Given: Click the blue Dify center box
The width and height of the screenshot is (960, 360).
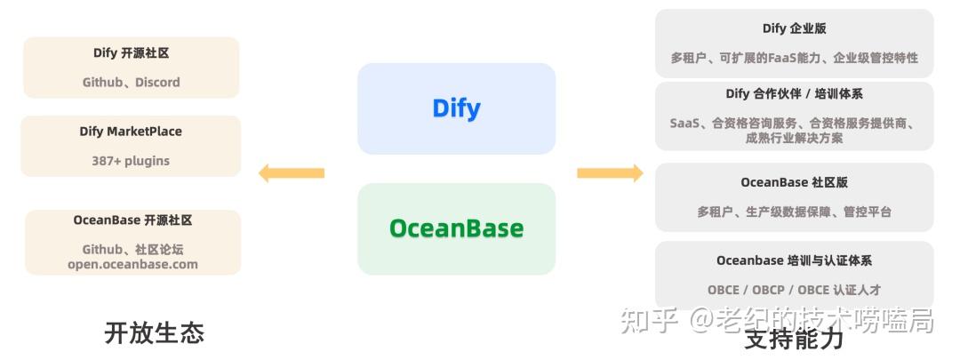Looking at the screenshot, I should coord(456,108).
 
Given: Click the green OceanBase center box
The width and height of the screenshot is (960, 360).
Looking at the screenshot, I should coord(456,228).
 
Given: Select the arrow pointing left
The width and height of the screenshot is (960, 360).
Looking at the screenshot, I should coord(291,172).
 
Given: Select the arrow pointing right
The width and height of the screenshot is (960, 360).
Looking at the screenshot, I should coord(610,172).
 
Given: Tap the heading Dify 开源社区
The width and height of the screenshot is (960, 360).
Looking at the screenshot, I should coord(131,53).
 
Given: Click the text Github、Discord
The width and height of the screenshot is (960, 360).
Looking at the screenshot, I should coord(131,83).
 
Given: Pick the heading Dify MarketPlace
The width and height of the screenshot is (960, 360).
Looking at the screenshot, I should coord(131,132).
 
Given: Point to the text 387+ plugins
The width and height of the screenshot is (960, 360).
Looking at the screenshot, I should coord(131,161).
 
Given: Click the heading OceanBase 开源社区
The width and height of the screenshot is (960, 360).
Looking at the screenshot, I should coord(132,220).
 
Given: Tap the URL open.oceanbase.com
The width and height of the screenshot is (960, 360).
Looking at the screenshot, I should coord(132,264).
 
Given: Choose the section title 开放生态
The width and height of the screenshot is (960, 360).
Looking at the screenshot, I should coord(155,333).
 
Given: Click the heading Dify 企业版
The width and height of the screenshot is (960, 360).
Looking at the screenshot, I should coord(794,28).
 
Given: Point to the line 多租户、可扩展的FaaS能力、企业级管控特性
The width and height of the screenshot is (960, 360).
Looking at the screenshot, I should coord(794,58).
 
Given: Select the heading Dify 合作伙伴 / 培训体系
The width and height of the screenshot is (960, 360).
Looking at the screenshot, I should coord(794,93).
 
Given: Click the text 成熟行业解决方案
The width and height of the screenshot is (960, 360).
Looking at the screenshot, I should coord(794,138).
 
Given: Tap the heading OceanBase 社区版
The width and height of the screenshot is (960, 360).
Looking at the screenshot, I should coord(794,182).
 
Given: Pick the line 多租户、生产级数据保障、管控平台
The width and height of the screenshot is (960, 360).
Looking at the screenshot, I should coord(794,212).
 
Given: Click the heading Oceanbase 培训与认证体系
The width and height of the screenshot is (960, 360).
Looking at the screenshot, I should coord(794,260).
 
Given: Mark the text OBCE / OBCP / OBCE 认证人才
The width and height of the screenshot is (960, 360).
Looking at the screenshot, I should coord(794,290).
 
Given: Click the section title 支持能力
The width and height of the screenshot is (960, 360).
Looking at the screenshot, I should coord(794,339).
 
